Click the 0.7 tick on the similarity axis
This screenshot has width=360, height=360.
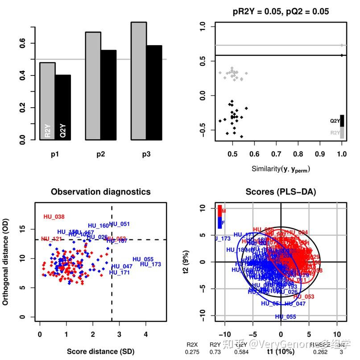tap(298, 154)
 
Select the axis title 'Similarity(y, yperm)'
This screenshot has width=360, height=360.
tap(281, 169)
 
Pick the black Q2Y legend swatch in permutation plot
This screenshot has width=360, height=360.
tap(342, 121)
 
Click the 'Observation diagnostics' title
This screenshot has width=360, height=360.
tap(101, 192)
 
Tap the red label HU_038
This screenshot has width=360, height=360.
tap(54, 217)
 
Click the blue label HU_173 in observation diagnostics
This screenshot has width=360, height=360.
tap(150, 264)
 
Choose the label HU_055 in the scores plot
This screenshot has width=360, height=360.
tap(286, 317)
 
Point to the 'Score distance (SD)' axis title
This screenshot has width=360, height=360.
tap(101, 352)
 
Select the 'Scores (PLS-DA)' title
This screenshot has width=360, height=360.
tap(280, 192)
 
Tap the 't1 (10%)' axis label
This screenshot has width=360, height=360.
tap(281, 352)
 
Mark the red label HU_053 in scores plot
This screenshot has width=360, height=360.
tap(304, 297)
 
